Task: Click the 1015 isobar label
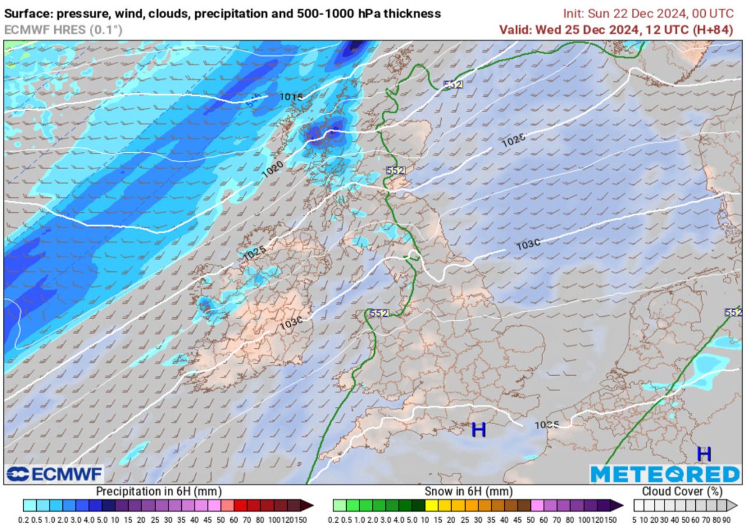click(291, 96)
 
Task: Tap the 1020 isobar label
click(272, 169)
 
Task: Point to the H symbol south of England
click(478, 430)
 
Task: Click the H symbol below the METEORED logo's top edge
click(704, 453)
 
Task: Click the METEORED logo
click(664, 474)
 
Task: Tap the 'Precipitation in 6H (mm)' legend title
click(159, 492)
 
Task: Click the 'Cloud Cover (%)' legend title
click(681, 492)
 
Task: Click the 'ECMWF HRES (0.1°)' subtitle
click(63, 30)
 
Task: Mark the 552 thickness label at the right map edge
click(733, 313)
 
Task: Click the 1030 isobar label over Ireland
click(291, 323)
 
